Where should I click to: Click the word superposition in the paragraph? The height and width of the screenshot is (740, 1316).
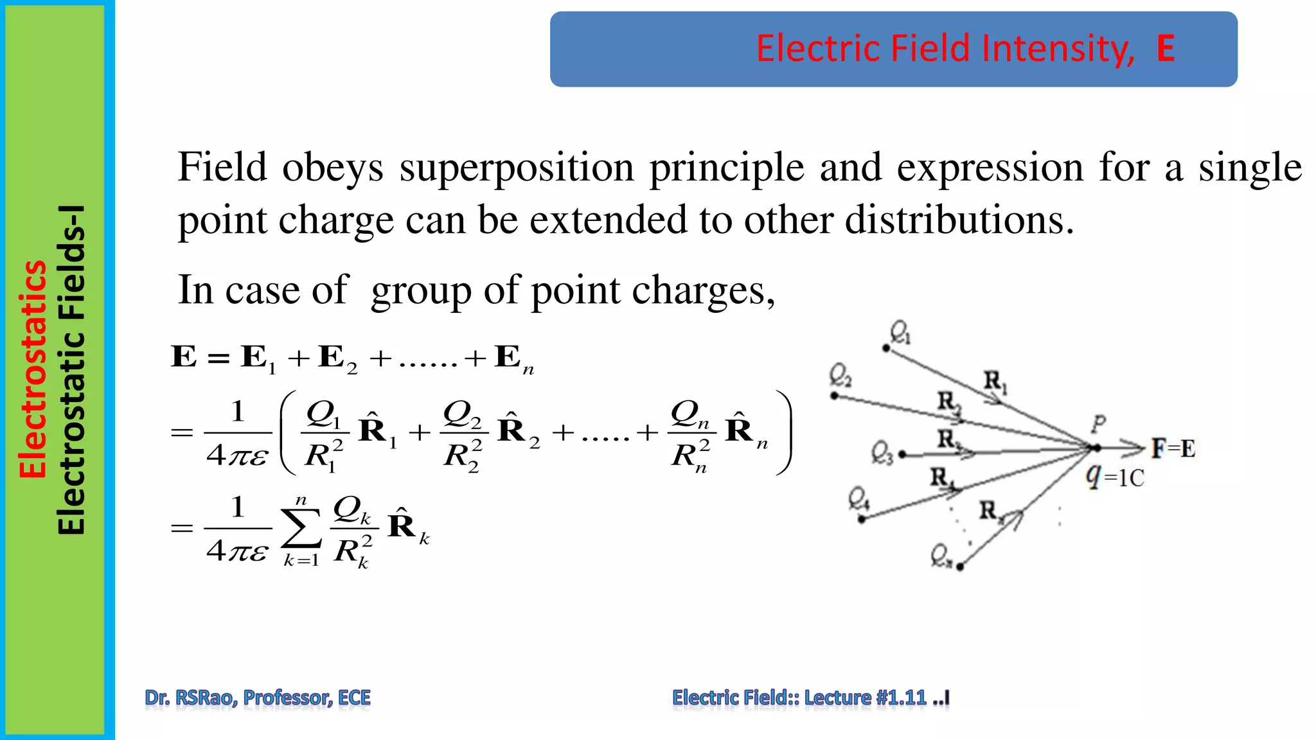point(517,168)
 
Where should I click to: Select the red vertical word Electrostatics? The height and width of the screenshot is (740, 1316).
point(33,369)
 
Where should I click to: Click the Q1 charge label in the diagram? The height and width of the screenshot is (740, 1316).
point(900,333)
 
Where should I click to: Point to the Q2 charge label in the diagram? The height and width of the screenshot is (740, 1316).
point(840,375)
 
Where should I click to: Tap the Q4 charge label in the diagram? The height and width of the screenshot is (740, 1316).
point(858,498)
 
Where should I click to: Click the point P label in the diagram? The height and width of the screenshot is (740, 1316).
point(1098,423)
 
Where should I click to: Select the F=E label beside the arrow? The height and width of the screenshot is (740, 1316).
point(1173,448)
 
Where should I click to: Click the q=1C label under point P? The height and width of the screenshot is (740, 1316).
point(1115,477)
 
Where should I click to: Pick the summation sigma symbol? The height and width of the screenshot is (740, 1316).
point(301,529)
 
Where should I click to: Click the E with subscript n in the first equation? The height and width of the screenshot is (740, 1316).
point(513,358)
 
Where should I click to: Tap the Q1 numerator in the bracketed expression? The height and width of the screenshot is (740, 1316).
point(323,414)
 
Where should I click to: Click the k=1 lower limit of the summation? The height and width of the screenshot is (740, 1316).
point(301,560)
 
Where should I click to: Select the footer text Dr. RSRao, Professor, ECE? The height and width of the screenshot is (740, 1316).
point(258,698)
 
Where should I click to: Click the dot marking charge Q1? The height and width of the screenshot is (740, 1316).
point(886,348)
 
